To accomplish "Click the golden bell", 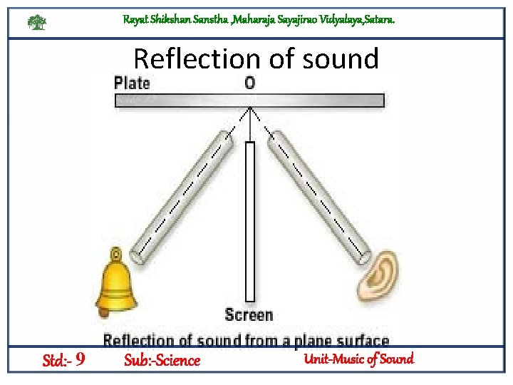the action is (x=116, y=285).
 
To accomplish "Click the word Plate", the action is (x=132, y=83).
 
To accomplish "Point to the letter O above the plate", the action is (x=249, y=83).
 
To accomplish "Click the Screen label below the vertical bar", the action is (x=249, y=314).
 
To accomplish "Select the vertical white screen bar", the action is (x=249, y=221).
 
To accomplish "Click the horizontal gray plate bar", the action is (x=249, y=101).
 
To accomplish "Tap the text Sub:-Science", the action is (x=162, y=360).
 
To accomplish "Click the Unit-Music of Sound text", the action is (x=358, y=359).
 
